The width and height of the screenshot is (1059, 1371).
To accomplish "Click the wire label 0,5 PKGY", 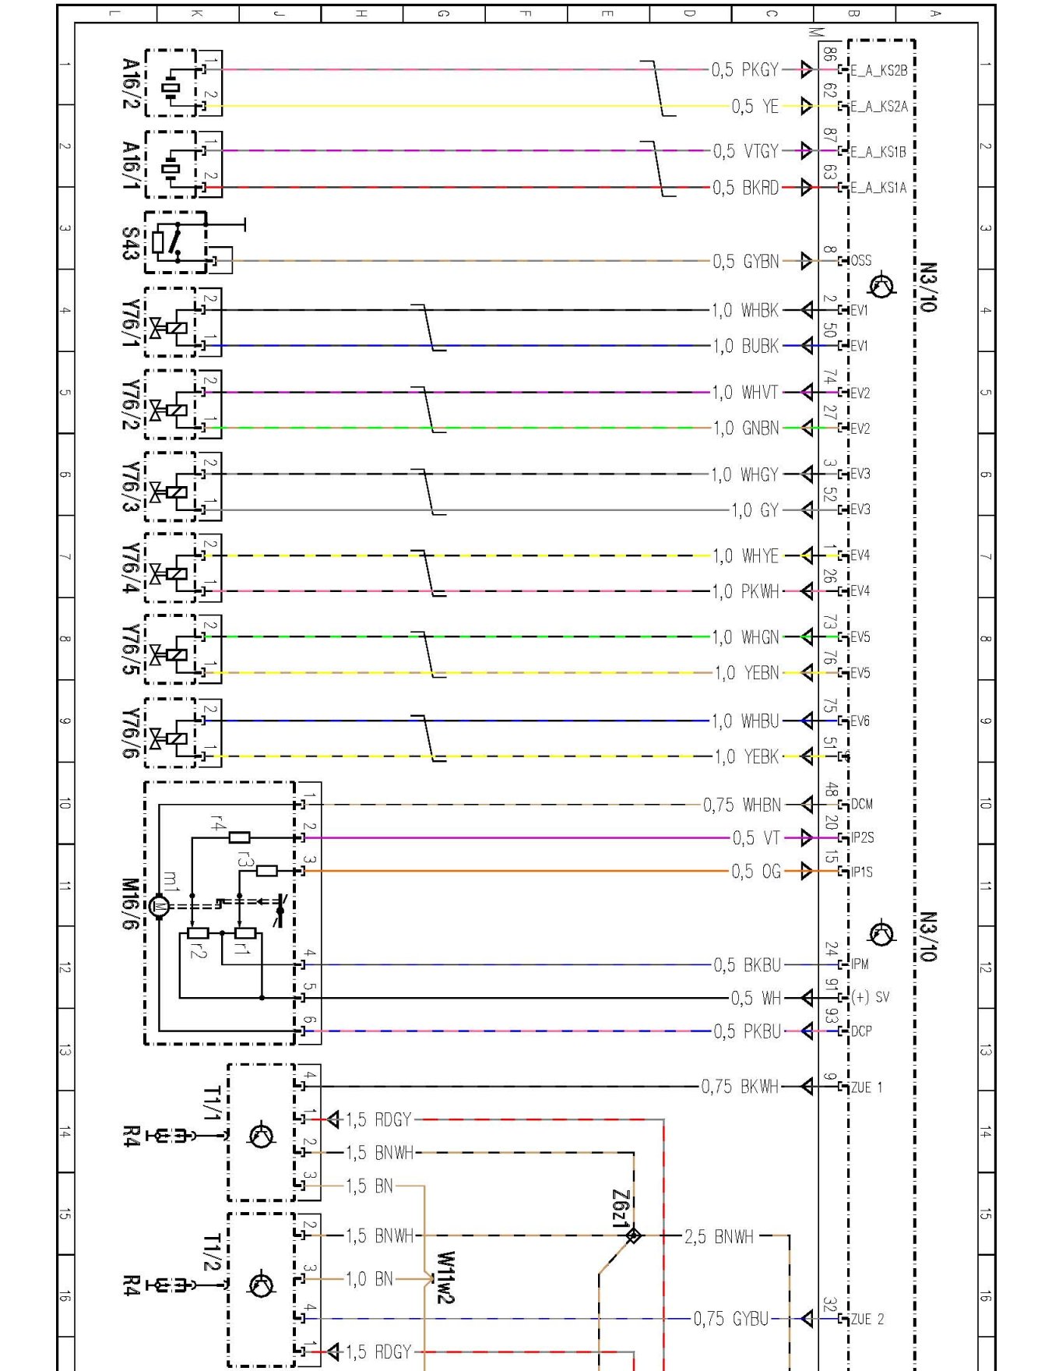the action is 744,70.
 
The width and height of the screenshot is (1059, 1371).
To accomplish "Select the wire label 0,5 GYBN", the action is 745,262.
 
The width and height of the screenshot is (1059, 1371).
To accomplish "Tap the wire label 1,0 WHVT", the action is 745,393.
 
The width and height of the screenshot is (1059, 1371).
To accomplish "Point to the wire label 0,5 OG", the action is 755,872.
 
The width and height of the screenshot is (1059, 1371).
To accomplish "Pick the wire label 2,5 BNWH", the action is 719,1236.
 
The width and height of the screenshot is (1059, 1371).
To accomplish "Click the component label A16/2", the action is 132,83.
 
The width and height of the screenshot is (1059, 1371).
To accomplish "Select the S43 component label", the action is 130,243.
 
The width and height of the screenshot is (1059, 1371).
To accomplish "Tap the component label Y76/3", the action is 132,487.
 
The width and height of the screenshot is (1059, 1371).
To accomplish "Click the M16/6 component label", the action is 130,904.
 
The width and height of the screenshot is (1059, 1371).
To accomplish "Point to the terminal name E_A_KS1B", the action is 878,152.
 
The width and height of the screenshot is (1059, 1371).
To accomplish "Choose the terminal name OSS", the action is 860,261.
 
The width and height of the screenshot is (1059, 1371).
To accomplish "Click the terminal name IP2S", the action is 862,838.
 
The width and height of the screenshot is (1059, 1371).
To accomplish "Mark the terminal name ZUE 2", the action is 867,1319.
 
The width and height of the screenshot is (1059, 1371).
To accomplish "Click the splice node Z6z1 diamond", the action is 633,1235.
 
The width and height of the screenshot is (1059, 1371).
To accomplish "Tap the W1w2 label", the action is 445,1277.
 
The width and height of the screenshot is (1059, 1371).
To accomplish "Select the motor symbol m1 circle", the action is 159,906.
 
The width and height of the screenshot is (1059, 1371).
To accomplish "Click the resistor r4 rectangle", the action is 240,837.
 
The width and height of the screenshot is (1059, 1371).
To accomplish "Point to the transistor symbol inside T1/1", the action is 261,1135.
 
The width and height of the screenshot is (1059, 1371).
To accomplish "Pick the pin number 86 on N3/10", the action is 830,55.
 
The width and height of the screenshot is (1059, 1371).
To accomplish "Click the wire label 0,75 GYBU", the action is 730,1319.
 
